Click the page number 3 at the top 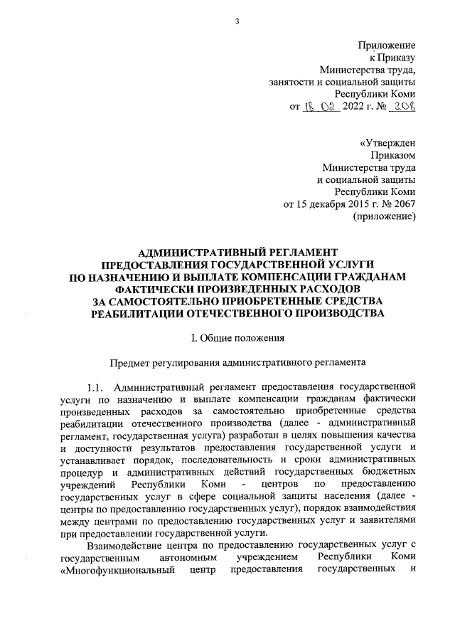point(237,21)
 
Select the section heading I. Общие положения point(232,337)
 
